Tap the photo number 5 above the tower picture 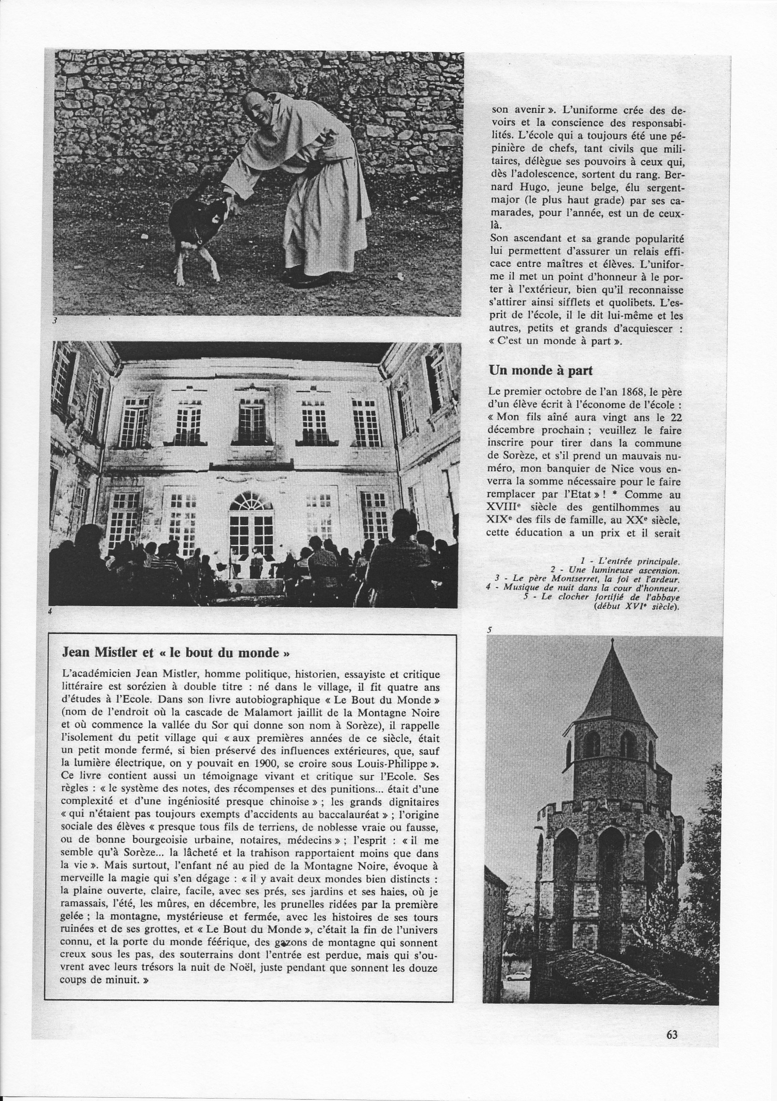(x=489, y=631)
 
